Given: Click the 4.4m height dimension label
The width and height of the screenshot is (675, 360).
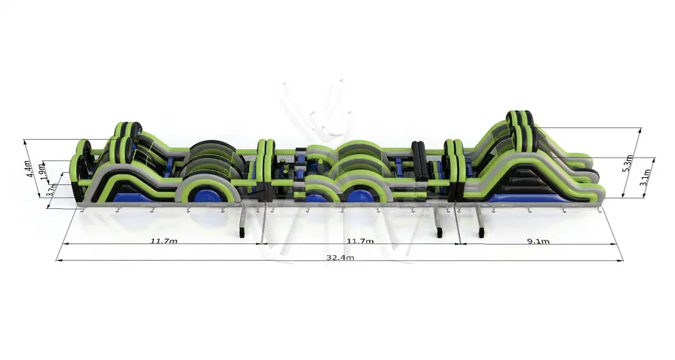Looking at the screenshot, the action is click(x=28, y=169).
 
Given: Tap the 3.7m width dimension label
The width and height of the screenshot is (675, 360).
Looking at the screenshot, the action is click(x=51, y=189).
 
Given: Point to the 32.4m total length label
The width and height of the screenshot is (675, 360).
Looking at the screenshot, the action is click(x=340, y=257).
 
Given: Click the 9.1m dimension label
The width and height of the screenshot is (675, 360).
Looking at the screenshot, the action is click(x=538, y=241).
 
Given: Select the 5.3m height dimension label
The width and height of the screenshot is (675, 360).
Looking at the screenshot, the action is click(x=628, y=163).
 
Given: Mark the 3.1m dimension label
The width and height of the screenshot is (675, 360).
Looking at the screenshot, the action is click(x=645, y=176).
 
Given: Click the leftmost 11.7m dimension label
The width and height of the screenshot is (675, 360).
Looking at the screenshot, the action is click(x=164, y=240).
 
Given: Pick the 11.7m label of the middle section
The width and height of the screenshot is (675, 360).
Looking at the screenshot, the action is click(x=360, y=240).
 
